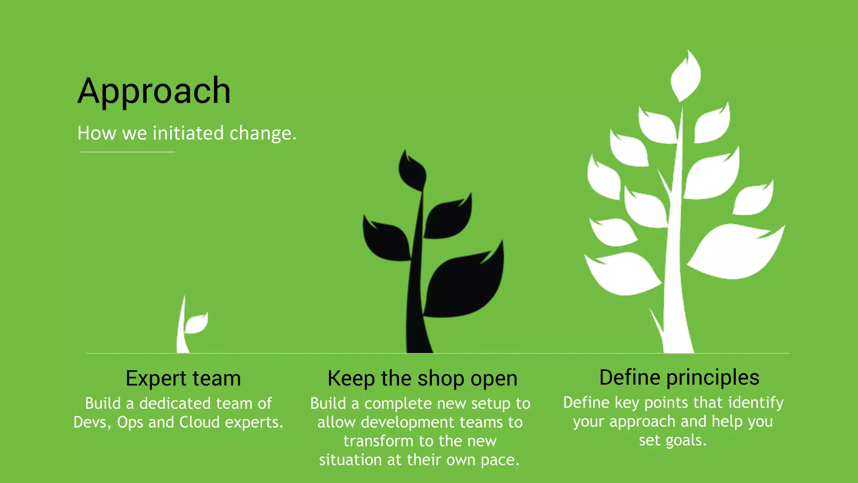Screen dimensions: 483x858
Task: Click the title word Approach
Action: pos(154,91)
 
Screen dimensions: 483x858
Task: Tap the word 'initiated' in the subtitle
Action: pos(188,133)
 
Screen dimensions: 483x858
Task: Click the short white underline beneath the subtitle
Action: pos(127,152)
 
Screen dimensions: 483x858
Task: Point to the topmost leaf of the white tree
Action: pos(685,75)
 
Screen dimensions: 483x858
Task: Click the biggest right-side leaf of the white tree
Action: pos(735,252)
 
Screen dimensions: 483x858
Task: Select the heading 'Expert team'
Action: pos(183,378)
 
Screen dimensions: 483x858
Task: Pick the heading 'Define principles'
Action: pos(679,377)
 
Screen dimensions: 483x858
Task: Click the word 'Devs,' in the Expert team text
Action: pos(92,422)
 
